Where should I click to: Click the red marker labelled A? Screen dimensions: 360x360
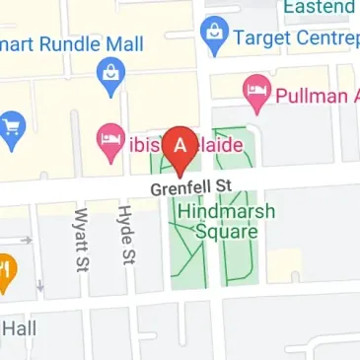(179, 148)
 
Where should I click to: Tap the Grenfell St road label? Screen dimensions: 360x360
(189, 187)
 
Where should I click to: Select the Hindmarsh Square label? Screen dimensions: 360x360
(227, 222)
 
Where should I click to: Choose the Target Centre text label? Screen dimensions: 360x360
(292, 40)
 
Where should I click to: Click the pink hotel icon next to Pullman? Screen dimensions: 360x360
(255, 94)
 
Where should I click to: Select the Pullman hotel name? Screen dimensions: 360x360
(316, 96)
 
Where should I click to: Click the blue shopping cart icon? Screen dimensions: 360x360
(10, 129)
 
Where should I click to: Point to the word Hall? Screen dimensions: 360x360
(18, 328)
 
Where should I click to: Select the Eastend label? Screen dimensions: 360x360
(319, 8)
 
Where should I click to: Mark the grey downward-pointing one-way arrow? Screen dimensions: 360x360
(40, 286)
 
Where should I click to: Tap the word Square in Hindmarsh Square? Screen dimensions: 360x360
(227, 233)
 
